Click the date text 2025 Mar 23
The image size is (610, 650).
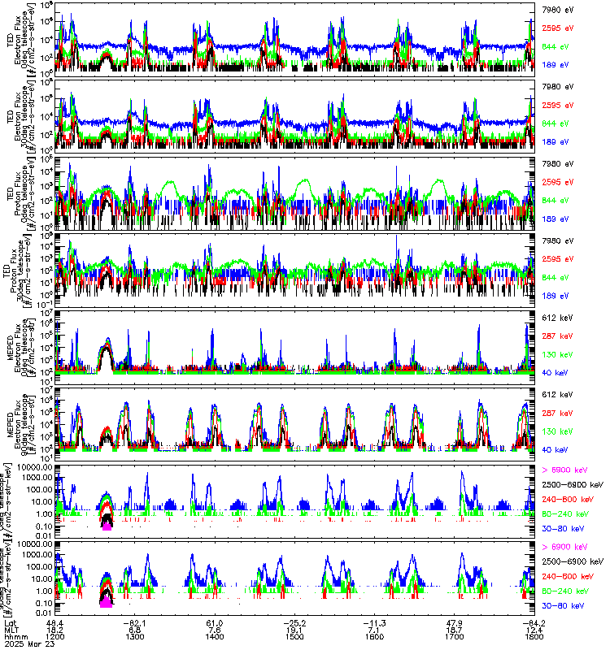pyautogui.click(x=28, y=645)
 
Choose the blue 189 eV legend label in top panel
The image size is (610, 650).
pyautogui.click(x=554, y=64)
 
